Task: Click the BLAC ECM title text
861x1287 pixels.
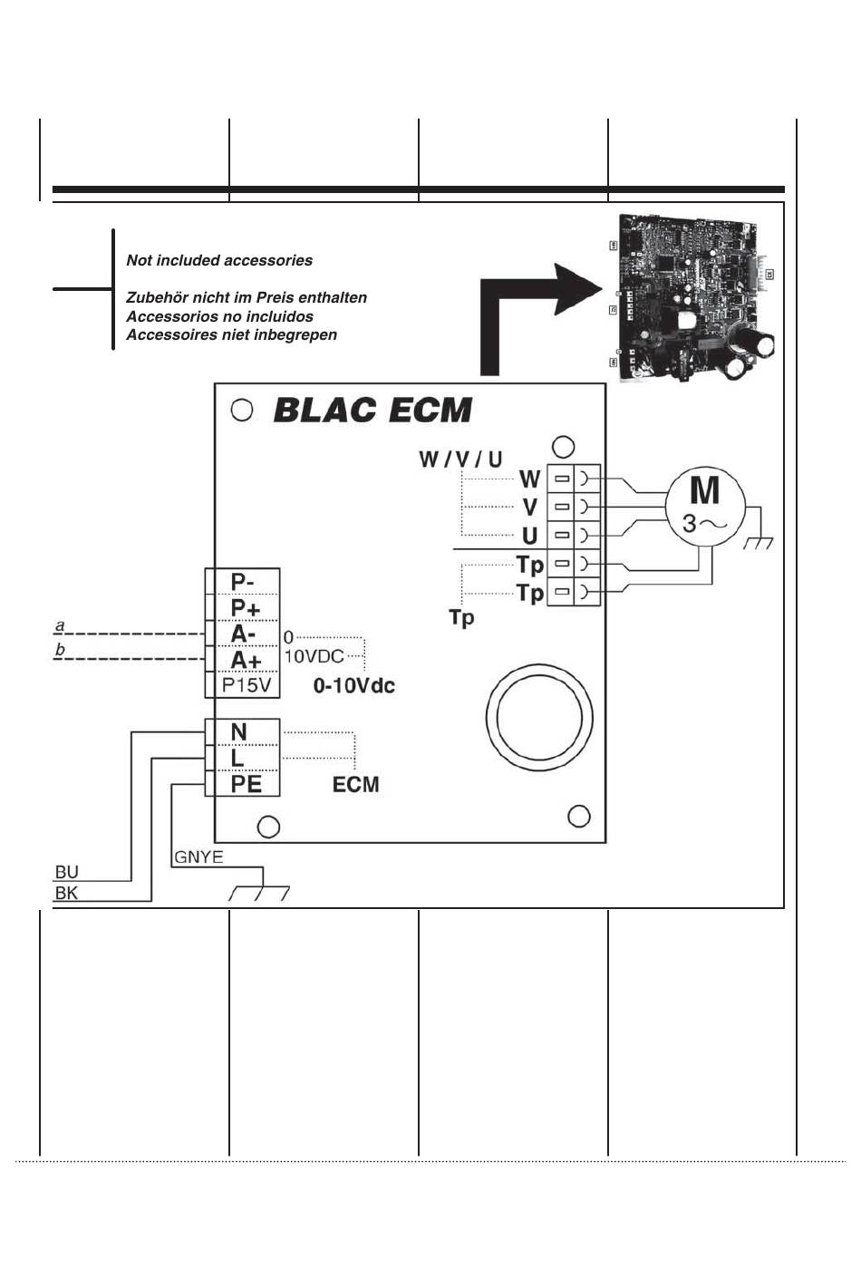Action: click(372, 411)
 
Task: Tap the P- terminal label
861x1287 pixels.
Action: click(242, 582)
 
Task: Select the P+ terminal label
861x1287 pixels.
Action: click(246, 608)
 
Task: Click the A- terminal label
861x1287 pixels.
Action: click(243, 634)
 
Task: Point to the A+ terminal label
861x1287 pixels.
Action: click(246, 660)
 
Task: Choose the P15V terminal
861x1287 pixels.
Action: click(247, 685)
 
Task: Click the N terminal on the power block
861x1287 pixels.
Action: click(238, 732)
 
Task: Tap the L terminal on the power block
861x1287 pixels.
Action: click(237, 759)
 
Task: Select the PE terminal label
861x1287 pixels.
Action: click(246, 784)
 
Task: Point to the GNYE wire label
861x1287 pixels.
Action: click(198, 856)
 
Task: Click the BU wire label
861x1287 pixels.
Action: click(67, 872)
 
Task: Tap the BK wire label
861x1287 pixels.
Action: click(67, 894)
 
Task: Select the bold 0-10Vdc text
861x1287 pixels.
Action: click(353, 685)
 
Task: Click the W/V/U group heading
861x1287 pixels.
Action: click(460, 460)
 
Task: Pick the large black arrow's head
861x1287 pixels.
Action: click(576, 289)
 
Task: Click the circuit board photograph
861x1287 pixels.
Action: click(695, 297)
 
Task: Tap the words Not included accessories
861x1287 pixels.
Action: click(219, 260)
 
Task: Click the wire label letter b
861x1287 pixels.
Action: click(60, 650)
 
